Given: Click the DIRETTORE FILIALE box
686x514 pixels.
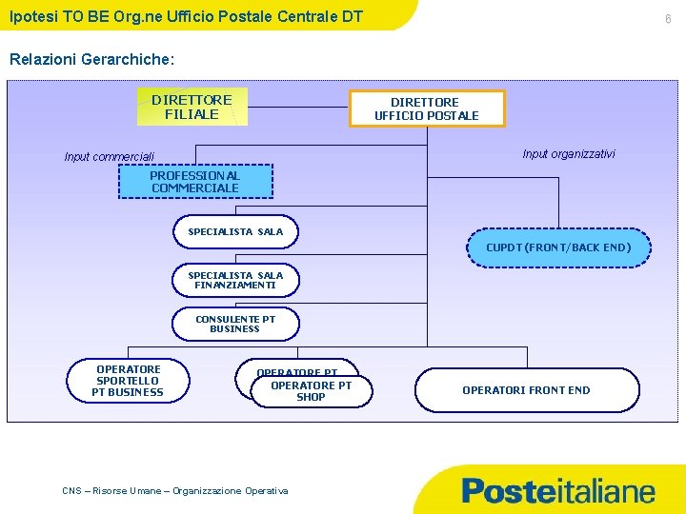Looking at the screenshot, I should pos(192,107).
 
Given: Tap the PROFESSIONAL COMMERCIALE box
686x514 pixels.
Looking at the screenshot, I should pos(195,182).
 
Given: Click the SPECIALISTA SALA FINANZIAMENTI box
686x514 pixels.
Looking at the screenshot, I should pos(235,281).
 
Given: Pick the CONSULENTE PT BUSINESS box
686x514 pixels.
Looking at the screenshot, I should pos(235,325).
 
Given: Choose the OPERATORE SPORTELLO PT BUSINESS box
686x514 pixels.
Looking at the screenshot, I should pos(128,381).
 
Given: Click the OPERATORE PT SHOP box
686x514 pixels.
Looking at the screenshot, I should pos(312,391).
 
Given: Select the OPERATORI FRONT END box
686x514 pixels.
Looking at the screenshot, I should pos(526,390).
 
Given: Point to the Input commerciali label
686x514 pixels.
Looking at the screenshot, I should pos(110,157).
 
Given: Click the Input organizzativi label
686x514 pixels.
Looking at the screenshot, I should pos(569,154).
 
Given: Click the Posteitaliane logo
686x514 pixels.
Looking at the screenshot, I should pos(558,491).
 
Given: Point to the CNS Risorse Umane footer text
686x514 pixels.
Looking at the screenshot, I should pos(174,490).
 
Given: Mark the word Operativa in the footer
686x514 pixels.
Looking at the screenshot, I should pos(266,490).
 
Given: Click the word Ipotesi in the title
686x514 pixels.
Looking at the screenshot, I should pos(31,14).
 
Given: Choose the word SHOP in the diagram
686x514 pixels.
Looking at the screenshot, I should pos(311,397).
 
